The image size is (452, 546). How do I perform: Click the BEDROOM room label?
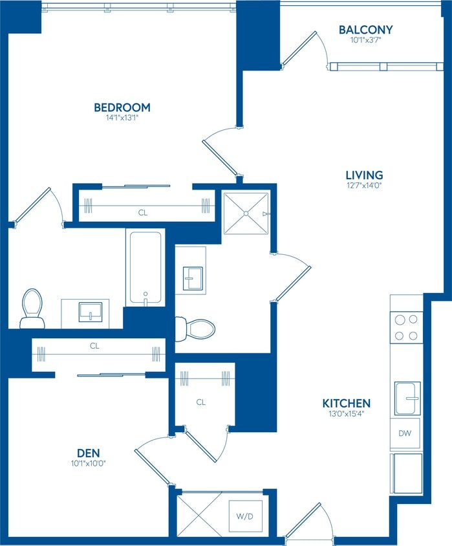click(122, 107)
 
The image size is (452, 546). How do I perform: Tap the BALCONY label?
click(366, 30)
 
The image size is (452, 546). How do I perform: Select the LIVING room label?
click(364, 175)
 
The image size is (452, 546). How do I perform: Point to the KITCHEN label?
click(347, 403)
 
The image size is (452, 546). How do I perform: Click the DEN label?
click(89, 452)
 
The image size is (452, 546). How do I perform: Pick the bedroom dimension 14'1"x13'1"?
click(122, 118)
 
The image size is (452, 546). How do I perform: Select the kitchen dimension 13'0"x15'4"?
click(347, 414)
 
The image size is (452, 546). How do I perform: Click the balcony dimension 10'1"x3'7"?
click(366, 39)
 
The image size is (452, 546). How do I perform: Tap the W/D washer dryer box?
click(245, 516)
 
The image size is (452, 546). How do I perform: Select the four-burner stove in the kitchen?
click(407, 327)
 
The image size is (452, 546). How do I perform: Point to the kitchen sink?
click(407, 399)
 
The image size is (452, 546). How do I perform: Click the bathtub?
click(145, 268)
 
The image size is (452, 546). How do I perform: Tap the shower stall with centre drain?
click(246, 213)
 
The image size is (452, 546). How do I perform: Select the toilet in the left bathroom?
click(32, 309)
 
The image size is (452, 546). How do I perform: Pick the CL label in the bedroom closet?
click(142, 212)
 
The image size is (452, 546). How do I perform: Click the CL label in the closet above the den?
click(94, 346)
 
